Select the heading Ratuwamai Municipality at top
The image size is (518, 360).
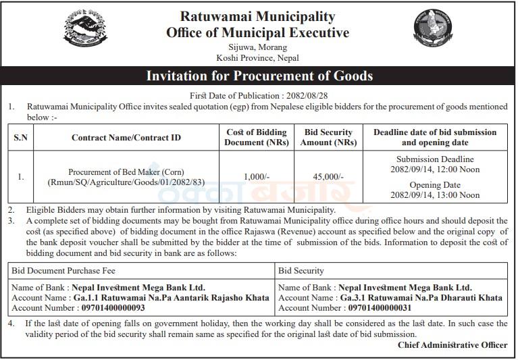257,16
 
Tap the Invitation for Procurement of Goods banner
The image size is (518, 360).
259,76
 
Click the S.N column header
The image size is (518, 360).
21,138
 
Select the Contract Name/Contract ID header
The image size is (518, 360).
126,138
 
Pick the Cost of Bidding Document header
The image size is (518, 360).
256,137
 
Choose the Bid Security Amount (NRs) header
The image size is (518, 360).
328,137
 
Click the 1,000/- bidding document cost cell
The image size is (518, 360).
256,176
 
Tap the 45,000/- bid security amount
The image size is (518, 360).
328,176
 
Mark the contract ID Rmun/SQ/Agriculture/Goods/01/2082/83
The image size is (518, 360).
126,182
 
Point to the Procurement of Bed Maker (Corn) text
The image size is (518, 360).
126,172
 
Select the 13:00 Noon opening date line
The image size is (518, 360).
435,195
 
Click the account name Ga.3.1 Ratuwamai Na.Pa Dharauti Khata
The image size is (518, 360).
420,298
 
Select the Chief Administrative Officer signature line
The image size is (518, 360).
452,345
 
